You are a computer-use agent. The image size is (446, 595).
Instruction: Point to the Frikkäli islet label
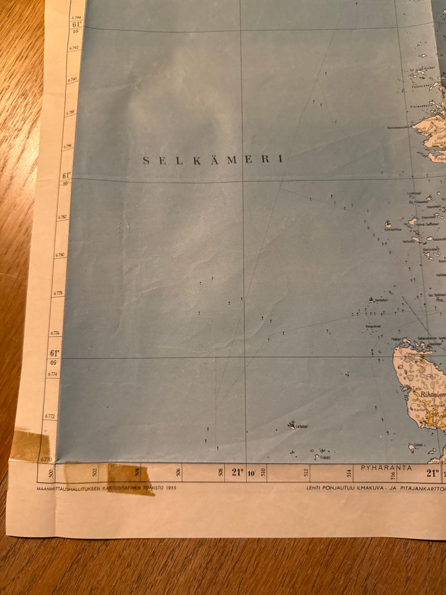coord(326,457)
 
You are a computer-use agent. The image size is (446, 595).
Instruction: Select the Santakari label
coord(381,300)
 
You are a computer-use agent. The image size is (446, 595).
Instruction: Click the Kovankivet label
coord(374,327)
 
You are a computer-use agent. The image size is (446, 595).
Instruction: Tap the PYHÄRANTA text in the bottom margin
coord(386,468)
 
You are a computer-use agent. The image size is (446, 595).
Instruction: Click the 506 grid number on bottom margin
coord(179,473)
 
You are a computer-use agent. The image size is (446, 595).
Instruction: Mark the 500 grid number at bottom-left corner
coord(51,474)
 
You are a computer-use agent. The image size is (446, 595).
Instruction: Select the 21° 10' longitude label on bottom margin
coord(243,473)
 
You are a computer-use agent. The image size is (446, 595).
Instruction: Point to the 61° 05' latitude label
coord(55,357)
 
